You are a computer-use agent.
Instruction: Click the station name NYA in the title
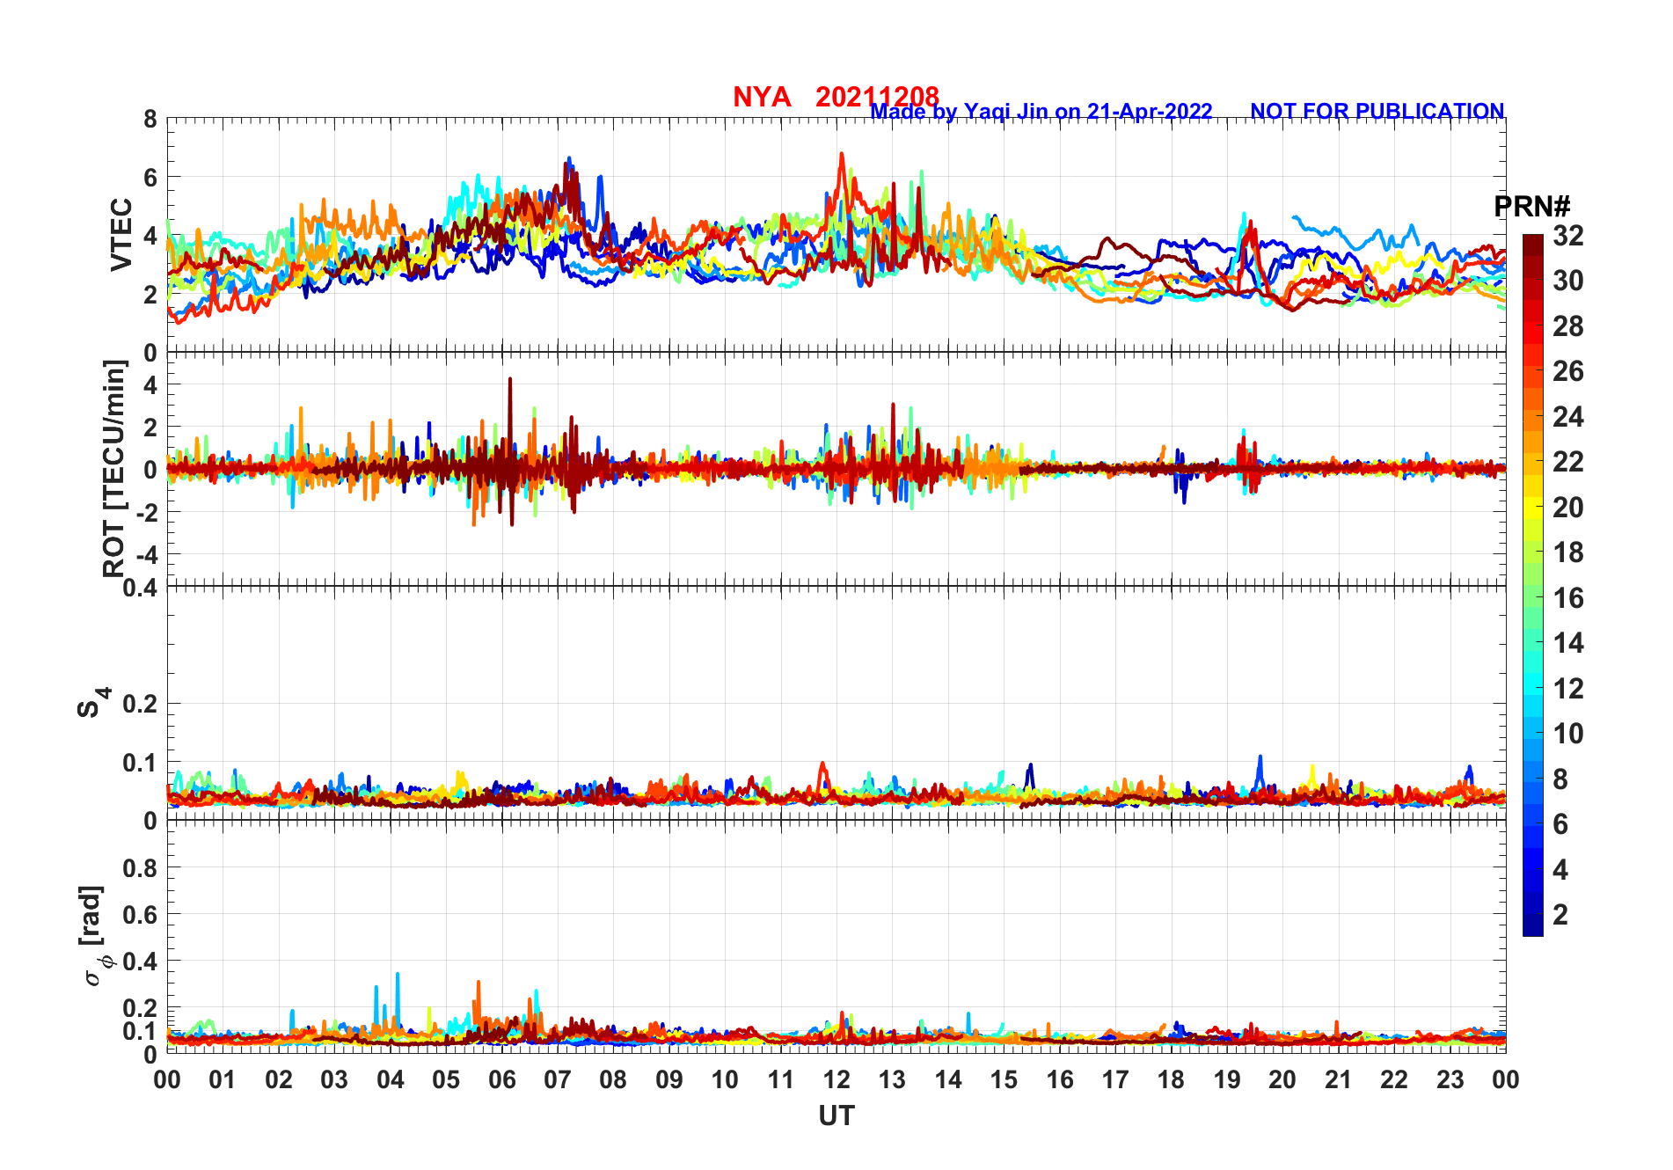tap(762, 97)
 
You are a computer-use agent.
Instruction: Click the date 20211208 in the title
tap(877, 97)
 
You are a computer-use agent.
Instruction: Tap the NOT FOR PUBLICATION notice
tap(1377, 112)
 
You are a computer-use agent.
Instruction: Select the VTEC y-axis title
tap(121, 234)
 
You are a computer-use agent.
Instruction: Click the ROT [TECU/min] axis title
tap(114, 468)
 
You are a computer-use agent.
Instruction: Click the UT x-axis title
tap(836, 1115)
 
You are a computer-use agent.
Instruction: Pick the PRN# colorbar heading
tap(1531, 207)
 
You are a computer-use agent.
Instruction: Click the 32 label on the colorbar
tap(1567, 236)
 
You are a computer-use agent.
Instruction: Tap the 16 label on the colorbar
tap(1567, 598)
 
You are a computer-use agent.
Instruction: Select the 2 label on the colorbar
tap(1560, 915)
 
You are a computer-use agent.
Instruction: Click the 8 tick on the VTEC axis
tap(151, 119)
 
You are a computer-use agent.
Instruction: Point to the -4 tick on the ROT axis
tap(147, 554)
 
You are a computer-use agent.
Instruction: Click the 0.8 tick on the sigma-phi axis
tap(140, 867)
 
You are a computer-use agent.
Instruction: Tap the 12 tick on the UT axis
tap(836, 1079)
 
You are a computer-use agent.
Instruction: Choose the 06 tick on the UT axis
tap(502, 1079)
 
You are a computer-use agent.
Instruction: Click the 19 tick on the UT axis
tap(1227, 1079)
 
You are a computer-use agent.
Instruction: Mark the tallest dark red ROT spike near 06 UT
tap(510, 380)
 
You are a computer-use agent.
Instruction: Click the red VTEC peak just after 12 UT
tap(842, 155)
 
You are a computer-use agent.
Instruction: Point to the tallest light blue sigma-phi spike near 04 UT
tap(398, 975)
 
